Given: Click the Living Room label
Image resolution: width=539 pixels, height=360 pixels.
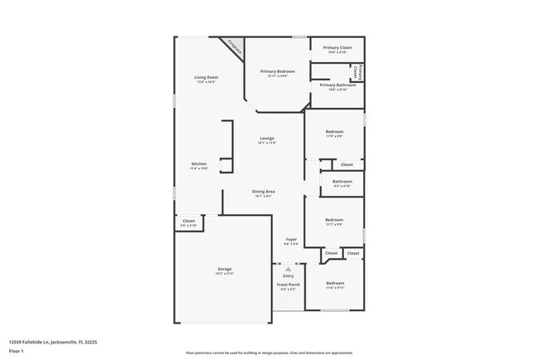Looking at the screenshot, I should pos(206,78).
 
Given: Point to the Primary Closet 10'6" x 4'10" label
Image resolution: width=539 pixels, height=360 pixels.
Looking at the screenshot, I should pos(337,49).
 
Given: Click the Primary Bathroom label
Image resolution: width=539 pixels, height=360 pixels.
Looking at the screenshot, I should pos(337,86).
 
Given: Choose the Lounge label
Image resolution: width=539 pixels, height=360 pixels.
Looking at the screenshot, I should pos(266,139).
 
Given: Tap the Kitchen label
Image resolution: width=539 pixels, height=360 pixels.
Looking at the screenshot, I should pos(199,165).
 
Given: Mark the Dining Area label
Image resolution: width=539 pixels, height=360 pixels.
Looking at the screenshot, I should pos(264,192).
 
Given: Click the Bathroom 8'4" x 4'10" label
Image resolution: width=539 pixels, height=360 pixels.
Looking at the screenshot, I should pos(342,182).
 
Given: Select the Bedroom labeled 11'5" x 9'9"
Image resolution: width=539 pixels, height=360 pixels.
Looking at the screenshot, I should pos(334,134).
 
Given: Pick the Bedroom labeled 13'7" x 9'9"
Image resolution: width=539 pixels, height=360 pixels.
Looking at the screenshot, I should pos(334,221).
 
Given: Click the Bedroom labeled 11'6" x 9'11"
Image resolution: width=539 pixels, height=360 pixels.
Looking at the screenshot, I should pos(334,285).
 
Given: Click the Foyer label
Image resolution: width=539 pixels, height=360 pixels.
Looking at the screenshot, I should pos(291,241).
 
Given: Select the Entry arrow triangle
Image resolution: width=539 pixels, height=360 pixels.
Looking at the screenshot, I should pos(289,270).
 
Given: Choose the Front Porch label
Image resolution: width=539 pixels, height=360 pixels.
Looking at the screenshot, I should pos(289,286).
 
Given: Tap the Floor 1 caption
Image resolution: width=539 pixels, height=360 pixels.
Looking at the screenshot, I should pos(16,351).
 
